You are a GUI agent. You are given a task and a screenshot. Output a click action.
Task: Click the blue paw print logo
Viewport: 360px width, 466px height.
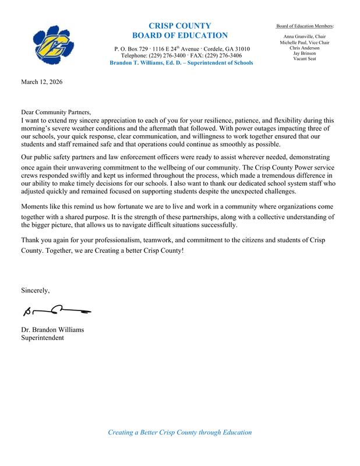pyautogui.click(x=54, y=45)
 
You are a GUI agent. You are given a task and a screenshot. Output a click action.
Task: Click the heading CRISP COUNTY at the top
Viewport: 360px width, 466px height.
pyautogui.click(x=180, y=26)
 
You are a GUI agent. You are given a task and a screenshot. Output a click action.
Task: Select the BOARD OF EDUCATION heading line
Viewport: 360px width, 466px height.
pyautogui.click(x=180, y=36)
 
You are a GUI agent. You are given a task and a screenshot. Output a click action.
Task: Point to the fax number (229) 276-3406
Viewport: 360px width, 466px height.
pyautogui.click(x=221, y=55)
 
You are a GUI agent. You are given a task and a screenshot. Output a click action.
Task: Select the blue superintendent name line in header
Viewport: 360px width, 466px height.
pyautogui.click(x=181, y=63)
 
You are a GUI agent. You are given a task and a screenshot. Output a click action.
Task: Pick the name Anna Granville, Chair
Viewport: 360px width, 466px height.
pyautogui.click(x=305, y=37)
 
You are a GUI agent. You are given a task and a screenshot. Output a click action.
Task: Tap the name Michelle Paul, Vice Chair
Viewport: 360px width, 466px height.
pyautogui.click(x=305, y=43)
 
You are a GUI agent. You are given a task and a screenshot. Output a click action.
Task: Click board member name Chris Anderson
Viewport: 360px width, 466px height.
pyautogui.click(x=305, y=48)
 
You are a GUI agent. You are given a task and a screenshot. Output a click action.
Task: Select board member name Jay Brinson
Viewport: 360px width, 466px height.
pyautogui.click(x=305, y=53)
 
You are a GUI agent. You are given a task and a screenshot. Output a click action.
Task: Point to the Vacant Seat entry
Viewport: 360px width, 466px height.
pyautogui.click(x=305, y=59)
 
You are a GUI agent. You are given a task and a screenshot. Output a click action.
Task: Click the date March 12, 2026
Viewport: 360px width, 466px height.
pyautogui.click(x=41, y=82)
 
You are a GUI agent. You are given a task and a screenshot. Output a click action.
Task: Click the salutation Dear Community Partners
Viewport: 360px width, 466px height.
pyautogui.click(x=56, y=112)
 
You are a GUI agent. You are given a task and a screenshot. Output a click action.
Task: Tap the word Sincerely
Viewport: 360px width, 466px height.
pyautogui.click(x=36, y=290)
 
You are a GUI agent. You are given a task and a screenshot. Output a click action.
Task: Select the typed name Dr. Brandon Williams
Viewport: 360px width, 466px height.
pyautogui.click(x=52, y=330)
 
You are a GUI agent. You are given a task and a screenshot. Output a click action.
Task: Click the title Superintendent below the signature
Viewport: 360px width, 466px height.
pyautogui.click(x=43, y=337)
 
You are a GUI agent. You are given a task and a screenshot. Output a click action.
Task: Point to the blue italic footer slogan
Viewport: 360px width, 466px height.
pyautogui.click(x=180, y=432)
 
